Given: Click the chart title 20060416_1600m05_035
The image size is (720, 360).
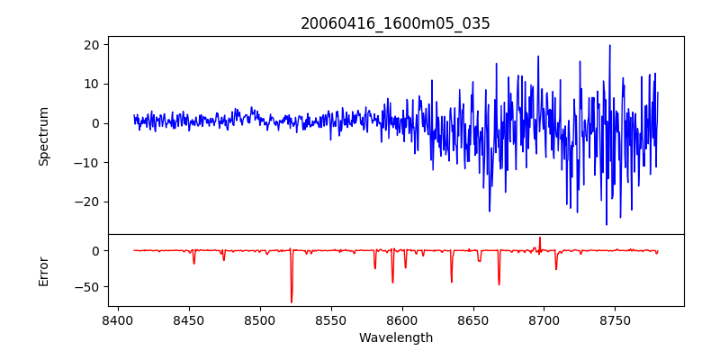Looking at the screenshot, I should (395, 23).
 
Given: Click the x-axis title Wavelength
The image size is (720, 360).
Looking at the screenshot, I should (395, 337).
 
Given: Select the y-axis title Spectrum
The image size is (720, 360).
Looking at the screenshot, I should (43, 135).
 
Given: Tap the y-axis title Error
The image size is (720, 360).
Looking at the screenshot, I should (43, 270).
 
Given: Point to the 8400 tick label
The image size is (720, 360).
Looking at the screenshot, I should (117, 319).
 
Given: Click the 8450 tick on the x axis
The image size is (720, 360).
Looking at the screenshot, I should (188, 319).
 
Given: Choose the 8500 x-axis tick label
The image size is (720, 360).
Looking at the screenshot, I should (259, 319).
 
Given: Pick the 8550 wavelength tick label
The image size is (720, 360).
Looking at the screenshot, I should (330, 319).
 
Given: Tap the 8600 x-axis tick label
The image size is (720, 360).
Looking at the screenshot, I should (401, 319).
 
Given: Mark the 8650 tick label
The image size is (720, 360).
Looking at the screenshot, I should (472, 319).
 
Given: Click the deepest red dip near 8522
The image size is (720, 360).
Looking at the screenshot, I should (292, 301).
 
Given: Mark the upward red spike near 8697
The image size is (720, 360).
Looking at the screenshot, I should (540, 238).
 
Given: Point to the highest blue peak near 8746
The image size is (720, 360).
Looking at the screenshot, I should (609, 46).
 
